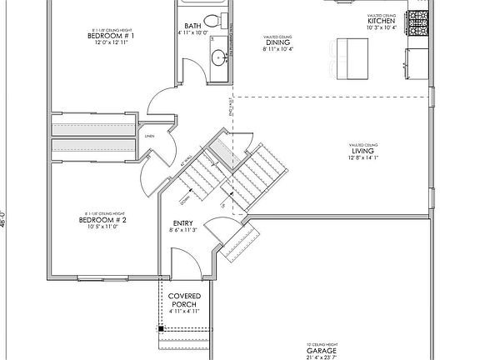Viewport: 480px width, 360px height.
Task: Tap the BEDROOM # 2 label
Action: [101, 220]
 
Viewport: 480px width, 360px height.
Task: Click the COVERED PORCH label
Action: [183, 300]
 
